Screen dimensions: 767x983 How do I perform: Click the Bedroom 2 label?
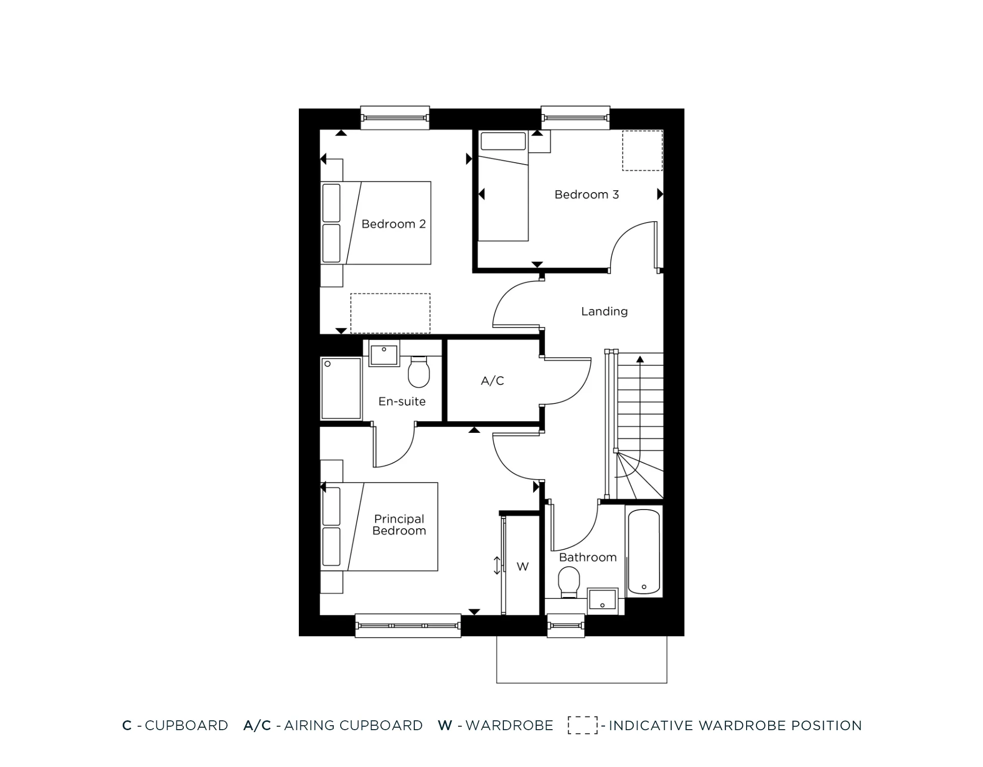click(x=393, y=224)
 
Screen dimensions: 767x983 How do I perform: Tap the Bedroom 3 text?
click(x=586, y=195)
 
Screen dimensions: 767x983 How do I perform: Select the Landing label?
click(x=604, y=312)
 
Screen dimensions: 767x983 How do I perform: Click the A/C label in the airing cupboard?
click(x=492, y=381)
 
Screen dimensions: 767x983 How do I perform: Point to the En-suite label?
click(x=402, y=401)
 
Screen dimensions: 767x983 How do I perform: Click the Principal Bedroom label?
click(x=399, y=525)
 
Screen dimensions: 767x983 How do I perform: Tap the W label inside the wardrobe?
click(x=522, y=567)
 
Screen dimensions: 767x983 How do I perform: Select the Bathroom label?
click(x=587, y=557)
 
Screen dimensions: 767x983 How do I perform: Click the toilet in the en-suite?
click(x=419, y=372)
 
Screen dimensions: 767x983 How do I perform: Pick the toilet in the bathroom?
click(x=569, y=581)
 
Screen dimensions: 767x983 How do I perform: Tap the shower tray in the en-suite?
click(x=341, y=388)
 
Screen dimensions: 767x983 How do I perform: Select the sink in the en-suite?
click(x=383, y=355)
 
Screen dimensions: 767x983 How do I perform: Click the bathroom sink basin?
click(x=603, y=599)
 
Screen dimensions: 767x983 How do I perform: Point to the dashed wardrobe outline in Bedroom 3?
click(x=642, y=150)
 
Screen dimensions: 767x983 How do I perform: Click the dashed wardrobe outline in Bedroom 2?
click(x=390, y=313)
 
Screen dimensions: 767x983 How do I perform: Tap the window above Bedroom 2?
click(x=395, y=118)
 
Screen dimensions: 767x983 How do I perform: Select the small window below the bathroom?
click(x=566, y=626)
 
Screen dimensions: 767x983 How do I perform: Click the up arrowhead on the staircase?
click(x=640, y=360)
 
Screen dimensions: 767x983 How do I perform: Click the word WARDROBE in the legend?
click(x=509, y=725)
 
